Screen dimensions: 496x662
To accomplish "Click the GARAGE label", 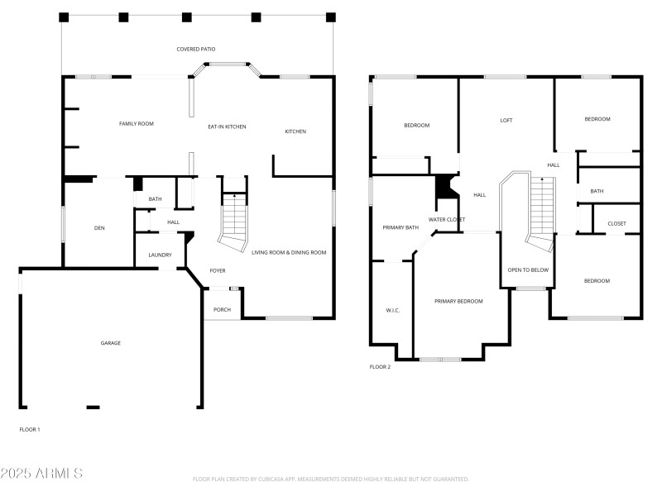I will click(x=111, y=343).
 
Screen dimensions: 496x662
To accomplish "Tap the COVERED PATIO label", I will click(x=196, y=50).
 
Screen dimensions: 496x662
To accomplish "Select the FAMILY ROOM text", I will click(x=137, y=124).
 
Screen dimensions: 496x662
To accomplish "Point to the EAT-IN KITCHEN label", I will click(x=227, y=126).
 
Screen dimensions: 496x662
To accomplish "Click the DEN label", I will click(x=98, y=228).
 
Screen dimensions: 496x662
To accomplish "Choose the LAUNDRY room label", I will click(x=160, y=255).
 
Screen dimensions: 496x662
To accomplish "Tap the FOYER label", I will click(x=217, y=270).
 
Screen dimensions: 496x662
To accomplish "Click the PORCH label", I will click(x=222, y=310).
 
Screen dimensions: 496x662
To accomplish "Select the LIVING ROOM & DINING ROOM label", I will click(x=289, y=252).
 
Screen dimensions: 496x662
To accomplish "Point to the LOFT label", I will click(x=506, y=121).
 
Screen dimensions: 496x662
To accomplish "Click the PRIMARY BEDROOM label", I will click(x=458, y=301).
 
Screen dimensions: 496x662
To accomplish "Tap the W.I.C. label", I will click(x=392, y=311).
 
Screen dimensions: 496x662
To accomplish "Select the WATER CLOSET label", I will click(x=446, y=219).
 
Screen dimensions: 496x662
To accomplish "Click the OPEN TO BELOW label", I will click(x=528, y=270).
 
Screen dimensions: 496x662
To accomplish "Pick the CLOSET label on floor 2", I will click(x=616, y=224).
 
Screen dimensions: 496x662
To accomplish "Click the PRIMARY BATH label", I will click(x=400, y=227).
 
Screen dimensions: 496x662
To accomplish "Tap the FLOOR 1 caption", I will click(x=30, y=430).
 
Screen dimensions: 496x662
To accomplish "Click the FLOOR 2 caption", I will click(x=380, y=367).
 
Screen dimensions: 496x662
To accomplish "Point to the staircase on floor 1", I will click(x=235, y=219).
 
